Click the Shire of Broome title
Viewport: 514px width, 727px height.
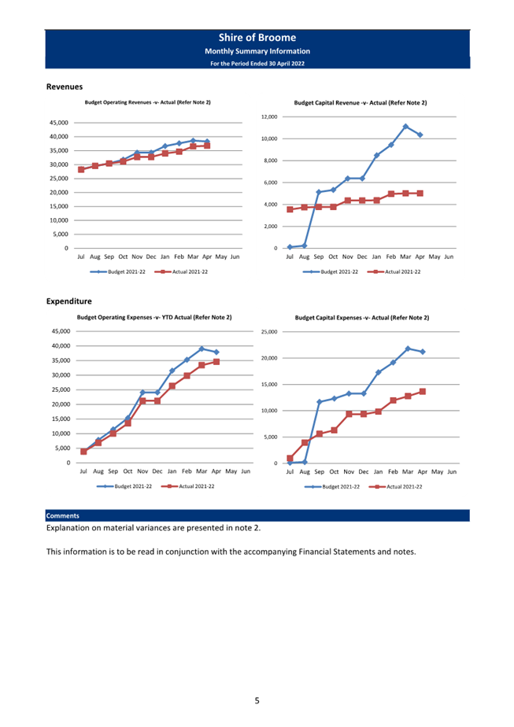click(x=257, y=38)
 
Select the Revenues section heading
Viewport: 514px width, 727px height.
click(x=65, y=87)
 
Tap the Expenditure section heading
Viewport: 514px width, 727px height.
click(x=69, y=301)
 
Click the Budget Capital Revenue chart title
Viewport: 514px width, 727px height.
click(x=361, y=103)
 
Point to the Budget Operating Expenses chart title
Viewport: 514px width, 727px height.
click(x=154, y=318)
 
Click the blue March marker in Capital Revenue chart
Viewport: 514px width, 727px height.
click(x=405, y=126)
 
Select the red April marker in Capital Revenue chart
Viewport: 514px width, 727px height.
click(x=420, y=194)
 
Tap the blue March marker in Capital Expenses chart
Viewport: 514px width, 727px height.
click(x=408, y=349)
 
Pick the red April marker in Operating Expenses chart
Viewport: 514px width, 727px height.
click(x=216, y=362)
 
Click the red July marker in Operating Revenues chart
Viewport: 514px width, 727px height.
click(x=81, y=170)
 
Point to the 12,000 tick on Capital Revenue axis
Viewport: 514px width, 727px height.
click(x=269, y=116)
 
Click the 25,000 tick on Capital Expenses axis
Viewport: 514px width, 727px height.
click(x=269, y=332)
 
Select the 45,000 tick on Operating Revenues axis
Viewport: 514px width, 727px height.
click(x=59, y=123)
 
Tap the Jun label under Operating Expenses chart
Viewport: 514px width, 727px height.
click(x=246, y=471)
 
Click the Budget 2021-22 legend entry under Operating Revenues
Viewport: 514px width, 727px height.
click(x=118, y=271)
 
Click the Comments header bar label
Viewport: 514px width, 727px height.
click(x=63, y=515)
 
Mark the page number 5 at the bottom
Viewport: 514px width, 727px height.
click(x=257, y=700)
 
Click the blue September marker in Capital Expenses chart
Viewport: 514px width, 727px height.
click(x=319, y=402)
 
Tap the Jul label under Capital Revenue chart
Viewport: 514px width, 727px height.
click(x=290, y=256)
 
